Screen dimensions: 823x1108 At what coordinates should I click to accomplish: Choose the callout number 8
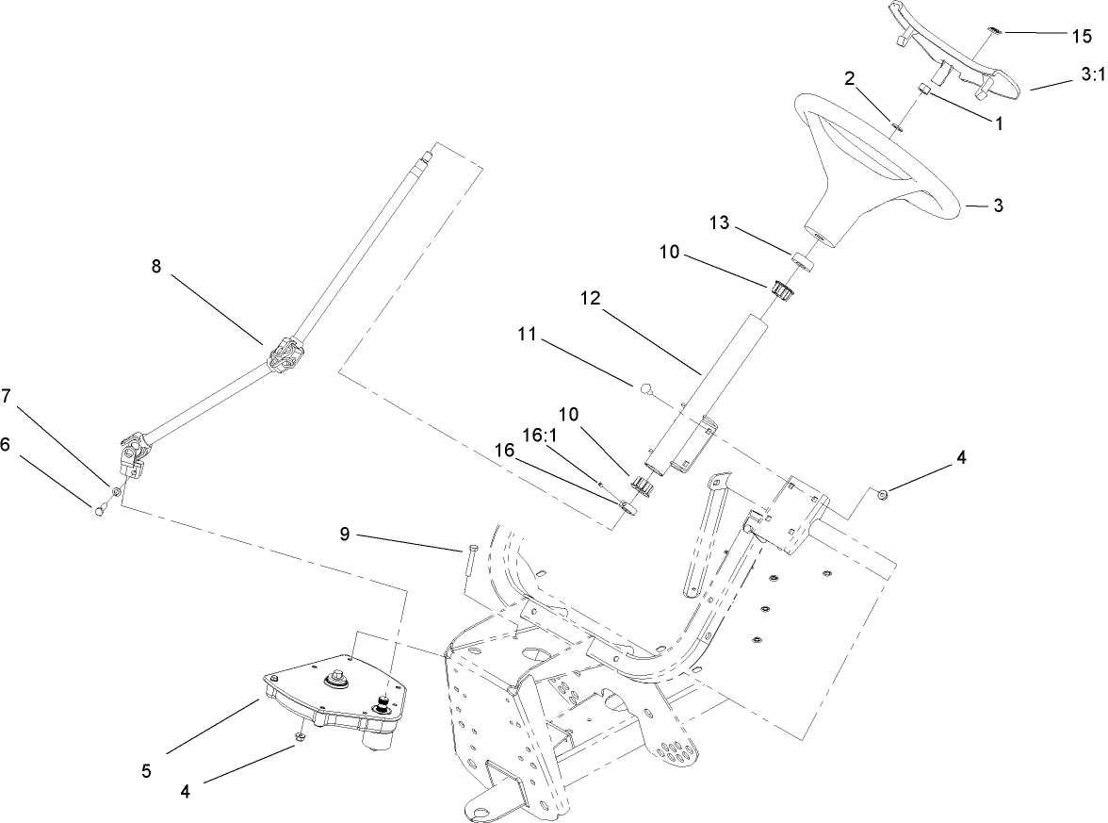click(156, 266)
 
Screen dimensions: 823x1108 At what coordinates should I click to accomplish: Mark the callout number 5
click(146, 770)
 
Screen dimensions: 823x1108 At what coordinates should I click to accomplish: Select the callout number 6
click(7, 444)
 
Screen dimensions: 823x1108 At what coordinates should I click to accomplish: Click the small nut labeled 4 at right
click(883, 494)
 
